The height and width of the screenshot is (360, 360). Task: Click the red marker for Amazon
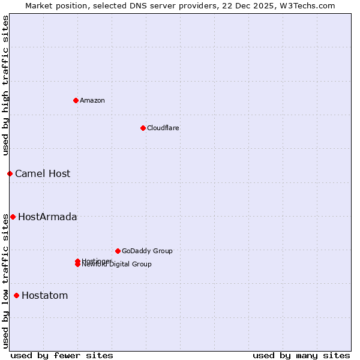coord(76,100)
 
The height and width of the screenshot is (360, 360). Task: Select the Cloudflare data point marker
coord(143,128)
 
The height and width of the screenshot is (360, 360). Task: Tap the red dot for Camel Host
coord(10,173)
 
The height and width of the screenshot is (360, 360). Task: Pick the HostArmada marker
coord(13,217)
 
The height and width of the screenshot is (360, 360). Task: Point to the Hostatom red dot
coord(16,295)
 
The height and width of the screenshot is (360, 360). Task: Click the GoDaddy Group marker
coord(118,251)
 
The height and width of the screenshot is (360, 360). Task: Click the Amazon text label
coord(92,100)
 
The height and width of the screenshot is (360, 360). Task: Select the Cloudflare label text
coord(163,128)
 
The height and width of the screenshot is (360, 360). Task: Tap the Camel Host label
coord(43,173)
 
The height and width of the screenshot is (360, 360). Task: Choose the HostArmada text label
coord(47,217)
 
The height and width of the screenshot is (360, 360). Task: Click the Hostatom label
coord(45,295)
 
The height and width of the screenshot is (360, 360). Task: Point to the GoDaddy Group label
coord(147,251)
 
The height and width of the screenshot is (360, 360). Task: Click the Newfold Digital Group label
coord(117,265)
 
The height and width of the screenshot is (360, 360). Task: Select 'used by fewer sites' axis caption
coord(62,355)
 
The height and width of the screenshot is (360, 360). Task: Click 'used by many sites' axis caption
coord(301,355)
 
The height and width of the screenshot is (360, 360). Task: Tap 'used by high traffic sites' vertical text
coord(5,86)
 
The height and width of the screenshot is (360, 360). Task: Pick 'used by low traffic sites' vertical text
coord(5,281)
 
